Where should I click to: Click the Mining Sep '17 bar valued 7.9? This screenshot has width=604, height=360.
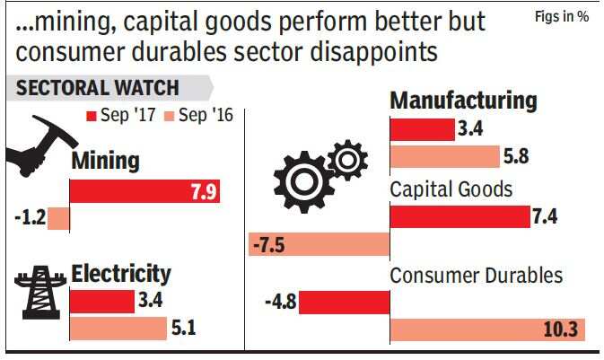(x=144, y=191)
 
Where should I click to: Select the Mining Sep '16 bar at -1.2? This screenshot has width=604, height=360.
(x=58, y=218)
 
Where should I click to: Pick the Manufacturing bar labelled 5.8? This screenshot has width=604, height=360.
(x=444, y=156)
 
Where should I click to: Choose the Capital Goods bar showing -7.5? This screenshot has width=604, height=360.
(x=319, y=244)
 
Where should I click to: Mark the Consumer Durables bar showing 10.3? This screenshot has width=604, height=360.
(x=487, y=330)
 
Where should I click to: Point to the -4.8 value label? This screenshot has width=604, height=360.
(x=280, y=303)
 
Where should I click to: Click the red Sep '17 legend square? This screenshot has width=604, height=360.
(x=91, y=116)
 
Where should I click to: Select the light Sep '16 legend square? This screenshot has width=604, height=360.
(x=170, y=116)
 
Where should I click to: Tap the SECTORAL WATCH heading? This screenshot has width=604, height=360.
(x=97, y=89)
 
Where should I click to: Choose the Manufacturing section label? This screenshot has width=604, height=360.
(x=463, y=101)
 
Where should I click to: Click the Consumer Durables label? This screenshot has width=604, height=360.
(x=476, y=276)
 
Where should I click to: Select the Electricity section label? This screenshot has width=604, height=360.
(x=120, y=273)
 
